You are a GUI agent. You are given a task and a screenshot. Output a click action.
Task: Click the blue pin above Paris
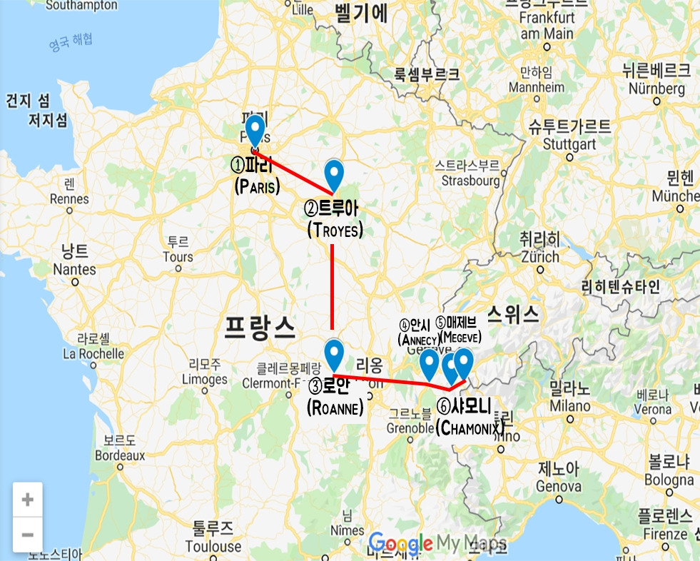tap(255, 131)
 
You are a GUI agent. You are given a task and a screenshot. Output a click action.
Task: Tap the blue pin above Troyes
tap(334, 175)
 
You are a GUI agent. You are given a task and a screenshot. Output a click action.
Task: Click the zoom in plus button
tap(28, 500)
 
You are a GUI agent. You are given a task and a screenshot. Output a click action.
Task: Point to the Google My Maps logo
tap(437, 543)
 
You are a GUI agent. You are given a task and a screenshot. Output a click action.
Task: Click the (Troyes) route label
tap(335, 231)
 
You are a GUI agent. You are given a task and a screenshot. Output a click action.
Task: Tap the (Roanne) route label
tap(335, 408)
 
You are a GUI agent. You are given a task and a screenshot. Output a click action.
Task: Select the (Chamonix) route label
tap(470, 428)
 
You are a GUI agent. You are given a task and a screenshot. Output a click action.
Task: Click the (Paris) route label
tap(257, 187)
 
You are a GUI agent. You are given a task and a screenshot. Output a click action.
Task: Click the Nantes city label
tap(74, 269)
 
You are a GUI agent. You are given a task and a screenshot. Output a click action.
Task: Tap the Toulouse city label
tap(213, 546)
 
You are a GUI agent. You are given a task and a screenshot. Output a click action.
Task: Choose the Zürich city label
tap(540, 256)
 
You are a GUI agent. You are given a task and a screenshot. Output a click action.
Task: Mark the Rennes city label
tap(69, 199)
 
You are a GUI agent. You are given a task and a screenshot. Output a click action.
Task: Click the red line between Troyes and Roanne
tap(333, 285)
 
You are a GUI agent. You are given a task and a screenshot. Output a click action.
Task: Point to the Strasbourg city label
tap(470, 181)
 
